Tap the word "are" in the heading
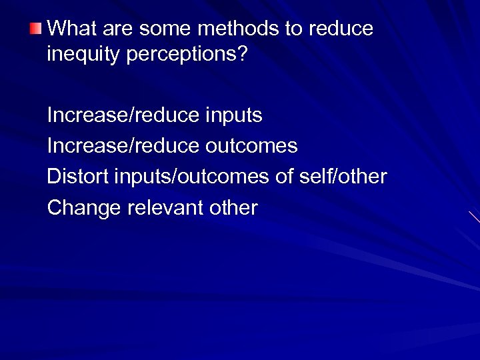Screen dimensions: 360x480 (x=117, y=29)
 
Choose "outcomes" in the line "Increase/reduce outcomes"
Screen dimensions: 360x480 (x=251, y=145)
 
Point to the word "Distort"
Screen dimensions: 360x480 (x=78, y=177)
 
